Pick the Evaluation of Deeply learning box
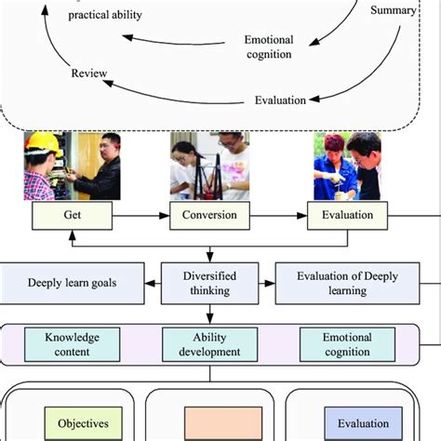point(346,281)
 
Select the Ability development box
point(209,344)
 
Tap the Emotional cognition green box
point(348,344)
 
